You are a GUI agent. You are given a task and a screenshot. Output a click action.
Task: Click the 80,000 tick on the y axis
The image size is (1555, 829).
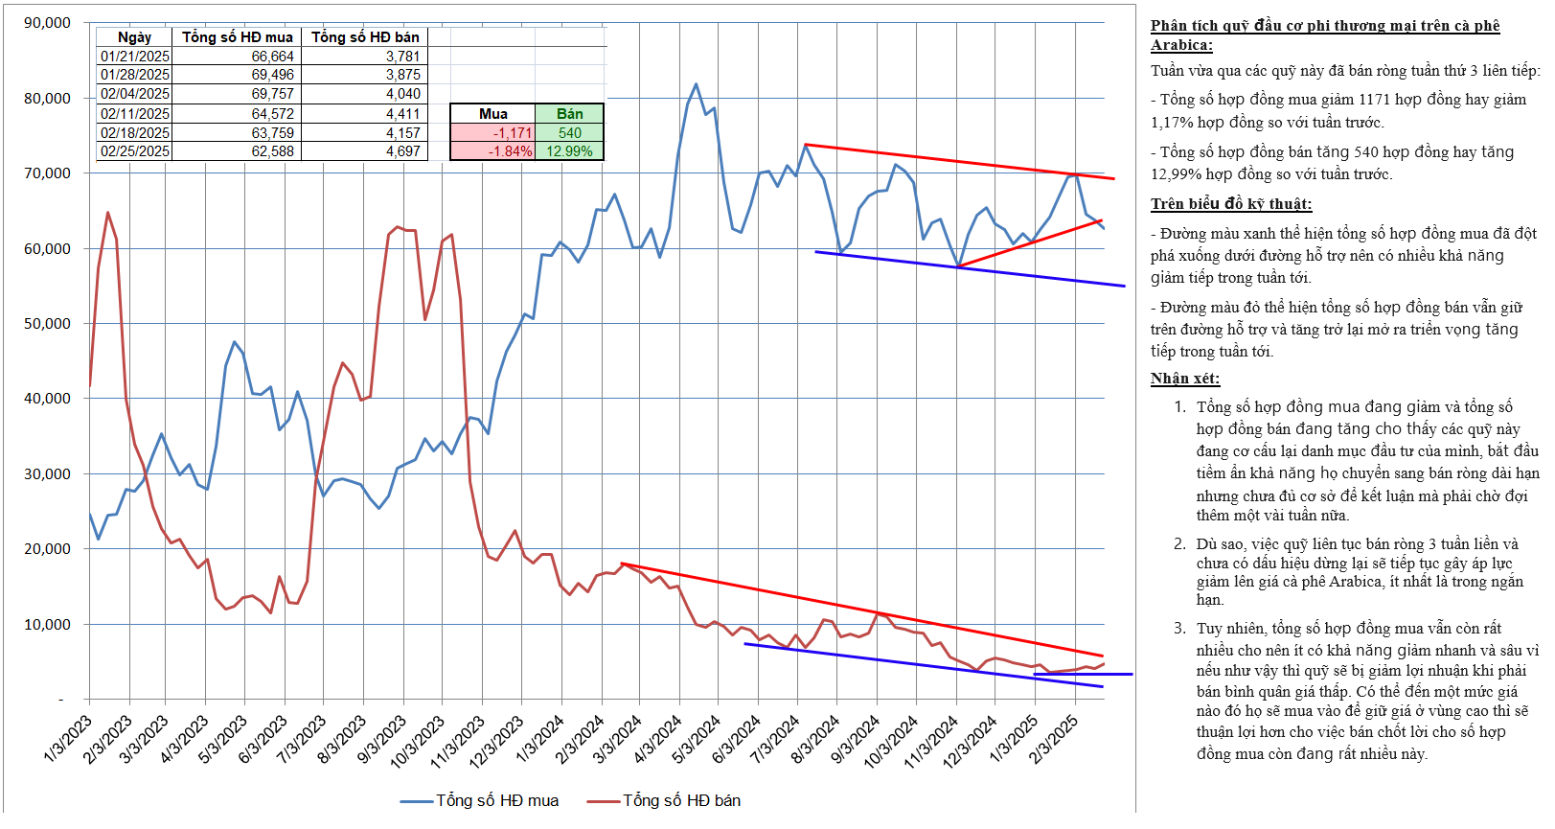[47, 98]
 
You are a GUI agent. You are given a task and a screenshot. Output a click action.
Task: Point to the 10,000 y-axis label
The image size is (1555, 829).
[47, 624]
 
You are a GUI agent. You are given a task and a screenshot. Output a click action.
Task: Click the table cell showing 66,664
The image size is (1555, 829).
[272, 57]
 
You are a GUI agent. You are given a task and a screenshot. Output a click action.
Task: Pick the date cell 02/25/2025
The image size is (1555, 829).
[135, 151]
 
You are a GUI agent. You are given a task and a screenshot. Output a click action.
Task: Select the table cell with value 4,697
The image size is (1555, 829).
[402, 151]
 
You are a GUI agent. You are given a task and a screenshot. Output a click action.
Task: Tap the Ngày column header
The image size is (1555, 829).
[134, 37]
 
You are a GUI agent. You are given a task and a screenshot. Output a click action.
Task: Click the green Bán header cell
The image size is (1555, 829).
[569, 114]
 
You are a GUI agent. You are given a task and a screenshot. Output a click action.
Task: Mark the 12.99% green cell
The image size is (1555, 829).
[569, 151]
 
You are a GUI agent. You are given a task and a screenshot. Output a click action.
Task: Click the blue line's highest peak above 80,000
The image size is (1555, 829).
[696, 84]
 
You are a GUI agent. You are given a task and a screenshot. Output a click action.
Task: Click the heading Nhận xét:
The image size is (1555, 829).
[1185, 379]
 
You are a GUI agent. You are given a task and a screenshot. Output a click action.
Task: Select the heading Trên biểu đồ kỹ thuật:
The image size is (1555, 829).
[1231, 204]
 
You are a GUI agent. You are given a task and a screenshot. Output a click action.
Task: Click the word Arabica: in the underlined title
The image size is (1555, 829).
[1181, 45]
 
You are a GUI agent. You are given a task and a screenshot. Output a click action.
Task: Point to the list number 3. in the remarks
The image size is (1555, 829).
[1179, 629]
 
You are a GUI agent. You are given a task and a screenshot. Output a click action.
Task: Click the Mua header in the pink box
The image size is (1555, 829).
[492, 114]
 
